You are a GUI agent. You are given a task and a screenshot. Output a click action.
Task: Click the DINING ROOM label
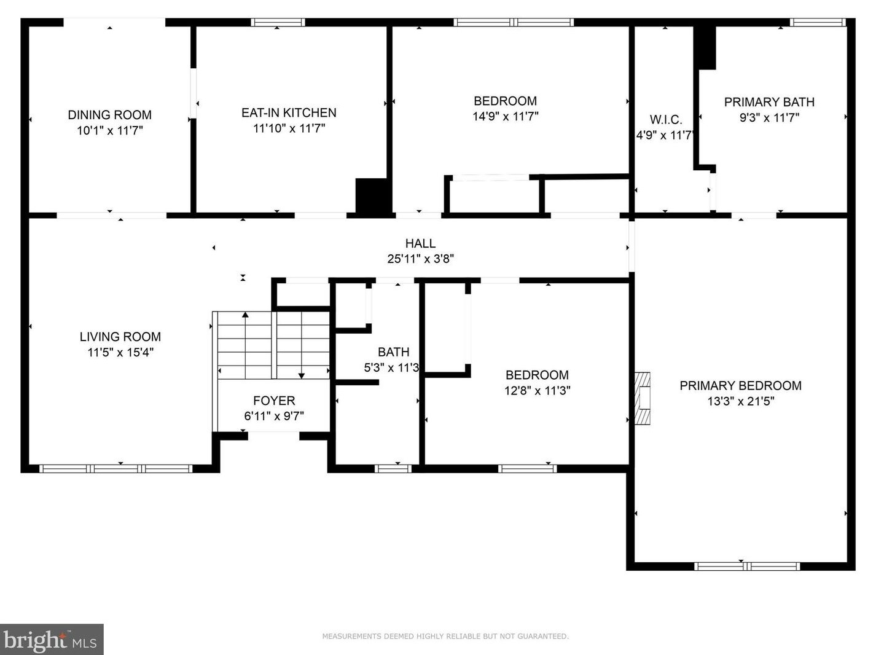click(x=110, y=115)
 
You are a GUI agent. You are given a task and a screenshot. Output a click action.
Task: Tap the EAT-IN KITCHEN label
click(x=289, y=113)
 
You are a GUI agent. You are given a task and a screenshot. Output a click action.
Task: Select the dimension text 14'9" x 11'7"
click(x=505, y=117)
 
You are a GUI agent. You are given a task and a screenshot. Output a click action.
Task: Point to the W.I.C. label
click(x=666, y=119)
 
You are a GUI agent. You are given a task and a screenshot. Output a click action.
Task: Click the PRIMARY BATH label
click(x=770, y=102)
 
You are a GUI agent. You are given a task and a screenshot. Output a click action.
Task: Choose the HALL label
click(x=420, y=243)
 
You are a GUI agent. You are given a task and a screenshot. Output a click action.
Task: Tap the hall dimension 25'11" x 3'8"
click(x=421, y=259)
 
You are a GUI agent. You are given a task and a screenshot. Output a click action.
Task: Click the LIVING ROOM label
click(x=120, y=337)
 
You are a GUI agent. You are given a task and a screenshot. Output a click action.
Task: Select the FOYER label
click(x=274, y=401)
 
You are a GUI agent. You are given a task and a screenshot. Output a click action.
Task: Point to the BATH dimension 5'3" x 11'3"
click(x=391, y=367)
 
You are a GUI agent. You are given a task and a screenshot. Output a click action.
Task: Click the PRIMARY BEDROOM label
click(x=741, y=386)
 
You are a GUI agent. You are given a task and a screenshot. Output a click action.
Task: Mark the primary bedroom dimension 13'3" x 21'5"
click(x=741, y=401)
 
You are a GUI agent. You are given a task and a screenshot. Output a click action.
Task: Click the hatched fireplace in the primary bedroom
click(x=642, y=398)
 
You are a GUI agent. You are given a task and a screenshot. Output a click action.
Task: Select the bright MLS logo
click(x=52, y=640)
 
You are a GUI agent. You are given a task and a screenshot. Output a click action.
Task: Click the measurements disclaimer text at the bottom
click(x=445, y=636)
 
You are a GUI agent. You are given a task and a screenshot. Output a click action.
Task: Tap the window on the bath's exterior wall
click(x=393, y=469)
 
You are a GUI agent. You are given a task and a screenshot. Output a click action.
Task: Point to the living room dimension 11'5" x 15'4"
click(x=120, y=353)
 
